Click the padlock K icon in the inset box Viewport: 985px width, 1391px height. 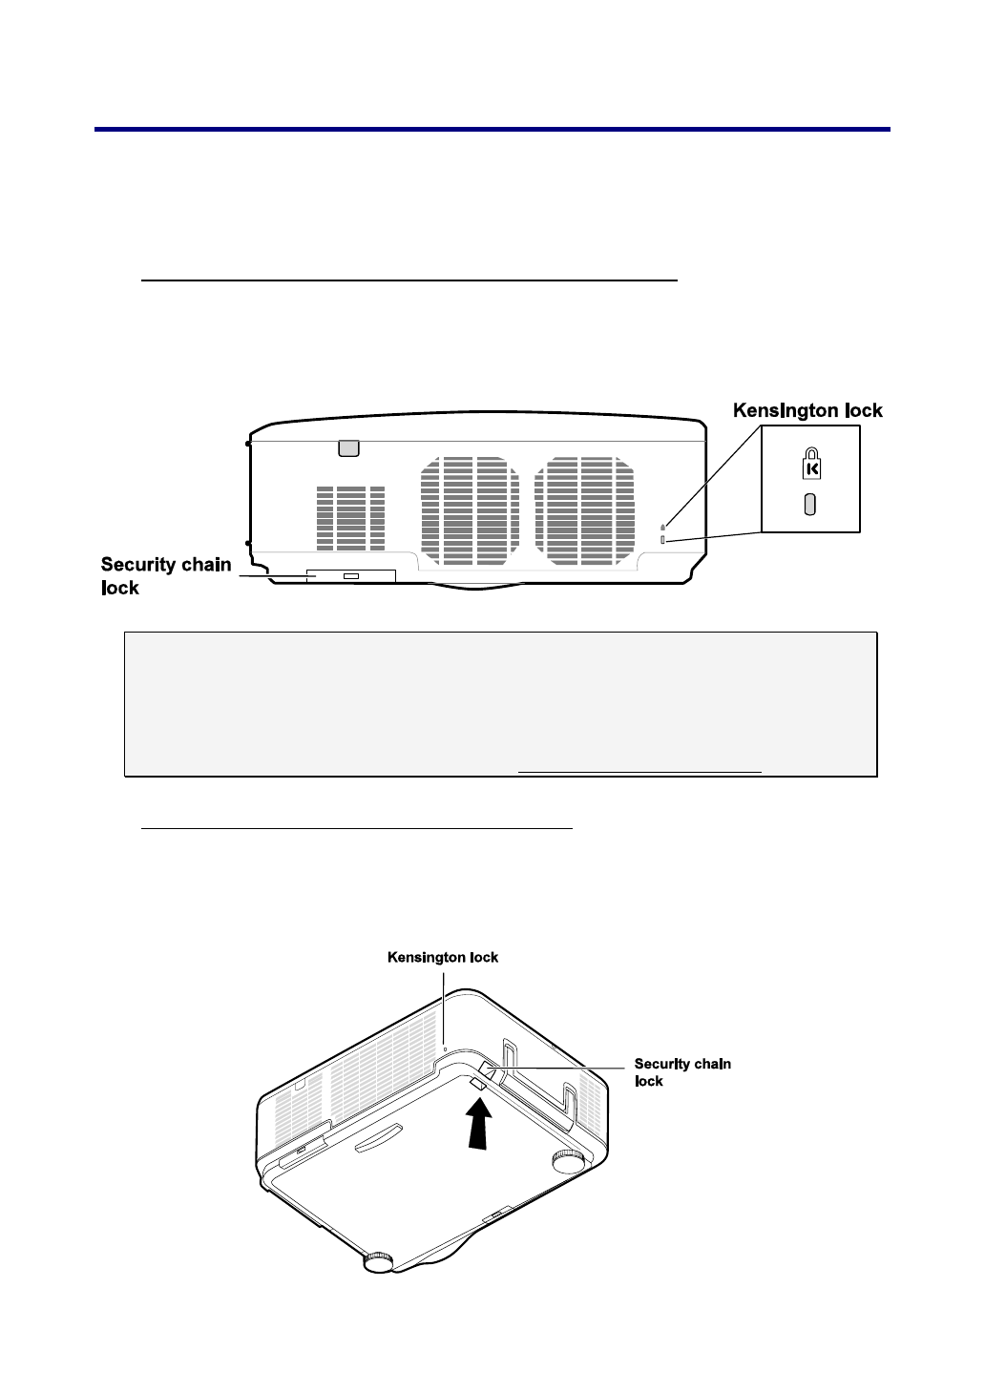point(810,465)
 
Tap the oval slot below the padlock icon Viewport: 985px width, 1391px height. point(810,504)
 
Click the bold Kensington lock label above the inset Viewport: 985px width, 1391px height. point(807,410)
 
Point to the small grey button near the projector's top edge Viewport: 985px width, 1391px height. point(348,446)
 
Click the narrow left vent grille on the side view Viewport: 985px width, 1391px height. point(350,518)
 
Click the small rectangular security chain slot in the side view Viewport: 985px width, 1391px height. point(351,576)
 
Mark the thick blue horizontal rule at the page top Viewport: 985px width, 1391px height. point(492,129)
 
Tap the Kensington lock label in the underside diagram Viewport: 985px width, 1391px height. point(443,957)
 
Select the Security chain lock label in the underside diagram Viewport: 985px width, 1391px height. point(682,1072)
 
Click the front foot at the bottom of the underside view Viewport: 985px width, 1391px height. point(379,1261)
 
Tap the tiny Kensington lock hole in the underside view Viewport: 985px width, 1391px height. point(446,1047)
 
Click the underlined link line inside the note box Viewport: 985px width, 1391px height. point(639,769)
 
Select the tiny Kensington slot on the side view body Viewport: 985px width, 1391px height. point(663,540)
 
